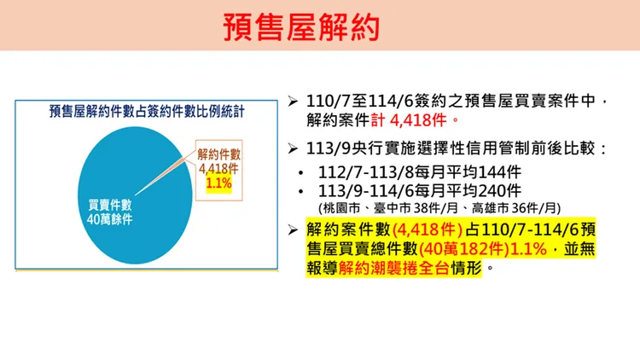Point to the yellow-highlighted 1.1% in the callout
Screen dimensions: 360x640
click(x=219, y=183)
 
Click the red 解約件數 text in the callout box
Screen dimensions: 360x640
click(x=219, y=154)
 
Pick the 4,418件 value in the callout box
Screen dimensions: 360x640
click(x=219, y=169)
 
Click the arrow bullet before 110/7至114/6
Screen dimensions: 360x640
click(x=293, y=102)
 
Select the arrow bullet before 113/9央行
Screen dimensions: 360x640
click(x=293, y=149)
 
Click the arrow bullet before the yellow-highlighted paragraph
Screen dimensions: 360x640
click(x=293, y=229)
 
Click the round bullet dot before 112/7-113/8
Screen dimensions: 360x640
click(x=305, y=171)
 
